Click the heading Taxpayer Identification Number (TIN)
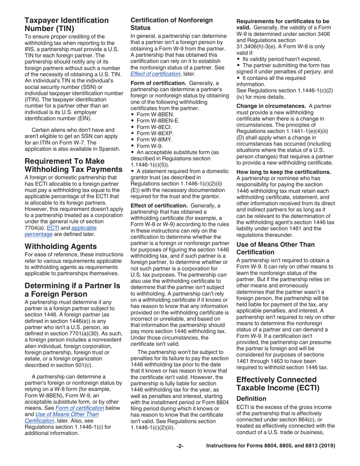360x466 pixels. (x=67, y=24)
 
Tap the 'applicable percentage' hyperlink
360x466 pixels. (x=84, y=228)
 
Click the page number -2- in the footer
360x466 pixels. (x=180, y=446)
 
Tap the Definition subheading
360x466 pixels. (x=251, y=399)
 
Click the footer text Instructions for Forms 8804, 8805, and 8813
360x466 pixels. (x=270, y=446)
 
